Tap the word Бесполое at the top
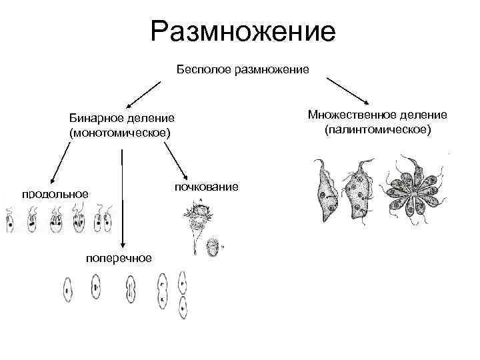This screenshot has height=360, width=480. click(x=203, y=69)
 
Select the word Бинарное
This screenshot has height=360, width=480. click(x=97, y=118)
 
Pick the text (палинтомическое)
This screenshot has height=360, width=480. click(x=378, y=129)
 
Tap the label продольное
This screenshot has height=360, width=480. click(x=55, y=194)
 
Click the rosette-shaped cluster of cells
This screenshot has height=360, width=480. click(x=417, y=190)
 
